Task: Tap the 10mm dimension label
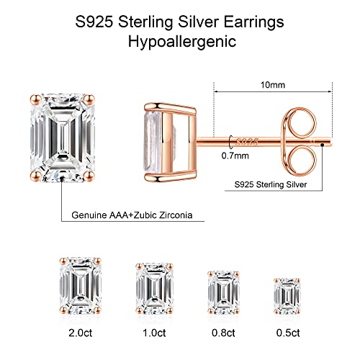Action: tap(274, 84)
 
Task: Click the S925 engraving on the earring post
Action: tap(246, 135)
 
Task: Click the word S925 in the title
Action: tap(94, 19)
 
